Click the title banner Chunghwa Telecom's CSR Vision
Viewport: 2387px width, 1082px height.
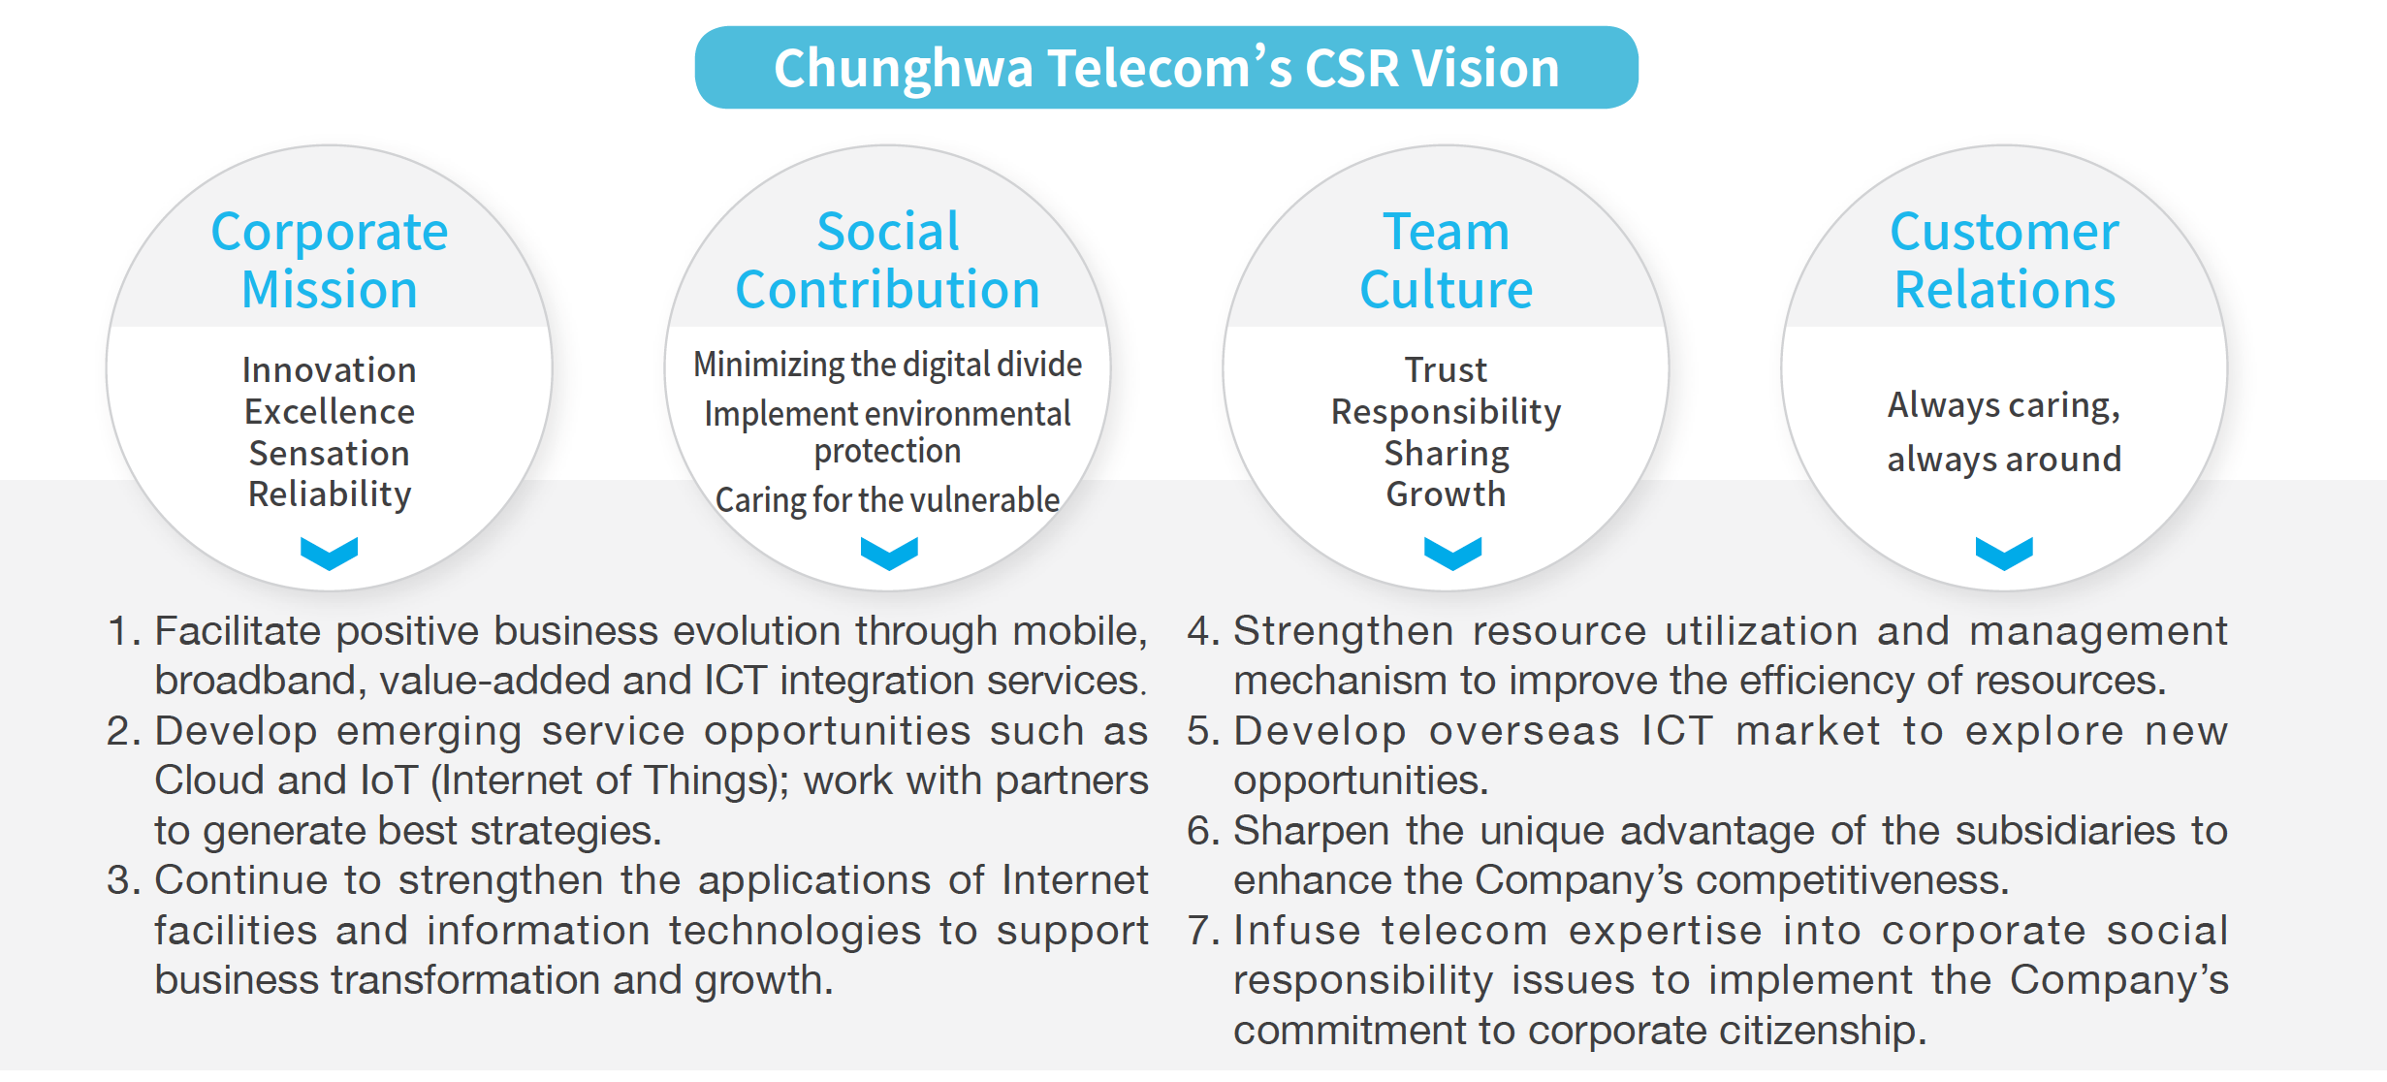(1166, 68)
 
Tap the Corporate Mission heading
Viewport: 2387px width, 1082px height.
(330, 260)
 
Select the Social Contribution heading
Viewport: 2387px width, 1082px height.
(887, 260)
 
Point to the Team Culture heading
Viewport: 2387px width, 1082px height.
(1446, 260)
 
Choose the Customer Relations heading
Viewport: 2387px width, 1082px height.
(2004, 260)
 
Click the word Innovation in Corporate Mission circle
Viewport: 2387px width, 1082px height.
(330, 369)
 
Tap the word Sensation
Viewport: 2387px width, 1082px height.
(330, 453)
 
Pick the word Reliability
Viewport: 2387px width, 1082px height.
(330, 494)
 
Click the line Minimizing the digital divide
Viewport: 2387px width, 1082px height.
(887, 365)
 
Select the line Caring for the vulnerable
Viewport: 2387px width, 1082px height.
(887, 500)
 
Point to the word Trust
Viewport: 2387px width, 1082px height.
(1446, 369)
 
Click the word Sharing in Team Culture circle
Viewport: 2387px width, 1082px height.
(1446, 454)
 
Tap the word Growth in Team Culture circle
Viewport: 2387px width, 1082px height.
(1446, 494)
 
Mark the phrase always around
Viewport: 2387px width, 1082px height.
(2004, 460)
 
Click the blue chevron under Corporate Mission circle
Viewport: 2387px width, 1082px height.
(330, 553)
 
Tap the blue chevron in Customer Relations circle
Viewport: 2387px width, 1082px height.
(2004, 553)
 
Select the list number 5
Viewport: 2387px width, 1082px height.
(1203, 731)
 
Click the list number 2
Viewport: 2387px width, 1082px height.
(123, 731)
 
